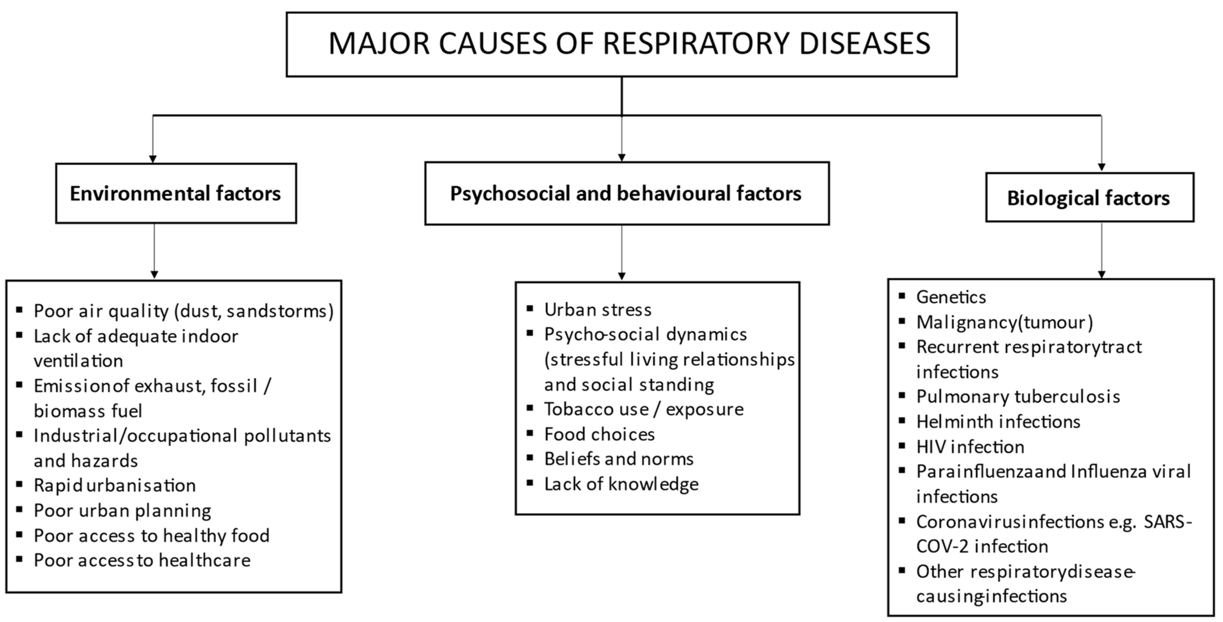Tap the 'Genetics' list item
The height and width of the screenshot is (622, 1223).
(x=951, y=297)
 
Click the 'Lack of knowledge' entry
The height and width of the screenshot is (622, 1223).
(x=621, y=484)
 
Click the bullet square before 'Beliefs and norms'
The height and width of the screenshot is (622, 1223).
(x=530, y=458)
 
